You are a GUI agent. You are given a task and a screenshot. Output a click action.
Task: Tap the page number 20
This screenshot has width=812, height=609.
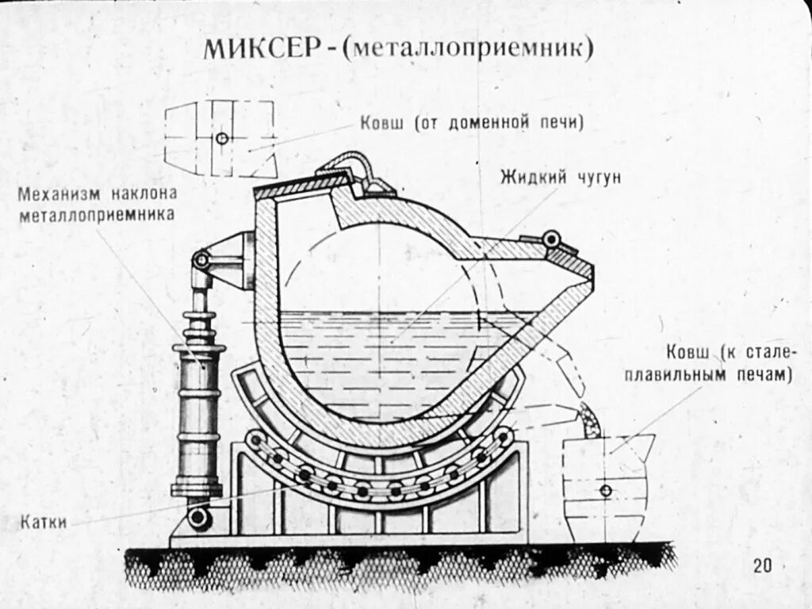pyautogui.click(x=763, y=565)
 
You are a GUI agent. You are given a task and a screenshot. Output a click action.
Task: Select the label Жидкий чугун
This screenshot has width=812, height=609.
pyautogui.click(x=560, y=177)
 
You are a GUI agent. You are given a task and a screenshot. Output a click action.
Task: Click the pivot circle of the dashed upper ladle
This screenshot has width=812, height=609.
pyautogui.click(x=222, y=139)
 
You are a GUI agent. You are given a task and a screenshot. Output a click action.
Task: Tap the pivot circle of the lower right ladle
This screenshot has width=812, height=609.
pyautogui.click(x=606, y=490)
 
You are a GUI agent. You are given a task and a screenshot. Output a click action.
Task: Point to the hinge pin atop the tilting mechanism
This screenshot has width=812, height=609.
pyautogui.click(x=202, y=260)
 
